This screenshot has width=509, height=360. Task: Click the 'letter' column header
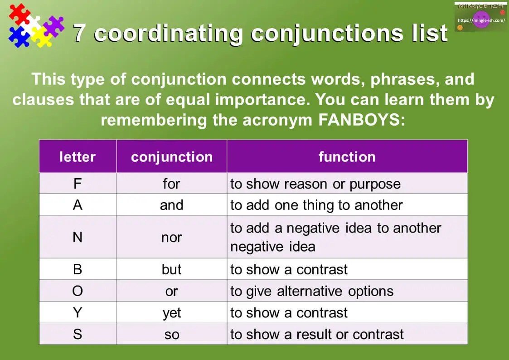click(78, 157)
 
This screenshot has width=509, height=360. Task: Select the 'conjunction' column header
click(171, 157)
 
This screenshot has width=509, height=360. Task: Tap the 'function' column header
click(347, 157)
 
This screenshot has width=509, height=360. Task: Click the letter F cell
click(78, 184)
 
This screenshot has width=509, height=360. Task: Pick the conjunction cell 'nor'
click(171, 237)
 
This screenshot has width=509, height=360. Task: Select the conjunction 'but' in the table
click(171, 269)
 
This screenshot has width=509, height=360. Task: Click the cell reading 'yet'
click(171, 313)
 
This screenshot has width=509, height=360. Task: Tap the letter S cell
click(78, 335)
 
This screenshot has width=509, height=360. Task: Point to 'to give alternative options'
click(311, 291)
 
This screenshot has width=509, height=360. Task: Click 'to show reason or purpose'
click(315, 184)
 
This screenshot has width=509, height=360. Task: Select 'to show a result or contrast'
click(316, 335)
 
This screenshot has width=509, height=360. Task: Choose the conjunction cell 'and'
click(171, 205)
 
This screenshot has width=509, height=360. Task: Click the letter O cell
click(78, 291)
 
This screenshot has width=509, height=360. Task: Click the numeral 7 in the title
click(80, 33)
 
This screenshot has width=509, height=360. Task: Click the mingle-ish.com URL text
click(481, 20)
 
